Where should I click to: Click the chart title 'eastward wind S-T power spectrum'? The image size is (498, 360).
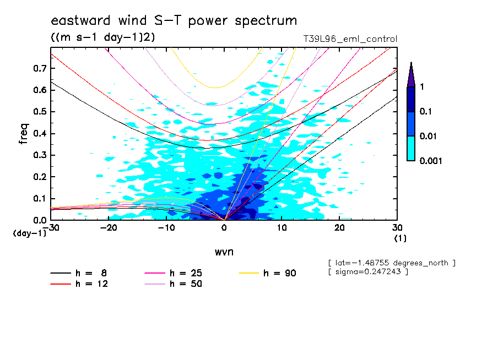(174, 21)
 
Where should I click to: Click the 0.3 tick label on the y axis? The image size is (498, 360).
(40, 155)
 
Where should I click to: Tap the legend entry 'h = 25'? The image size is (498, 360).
(186, 272)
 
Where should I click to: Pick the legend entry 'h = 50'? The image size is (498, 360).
(186, 283)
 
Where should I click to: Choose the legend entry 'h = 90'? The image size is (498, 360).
(280, 272)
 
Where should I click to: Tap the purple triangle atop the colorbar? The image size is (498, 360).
(411, 74)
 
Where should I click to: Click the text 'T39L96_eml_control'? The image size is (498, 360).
(350, 39)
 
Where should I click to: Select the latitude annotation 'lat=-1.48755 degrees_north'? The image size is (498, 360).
(391, 263)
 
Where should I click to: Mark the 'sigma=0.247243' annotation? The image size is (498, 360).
(367, 272)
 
